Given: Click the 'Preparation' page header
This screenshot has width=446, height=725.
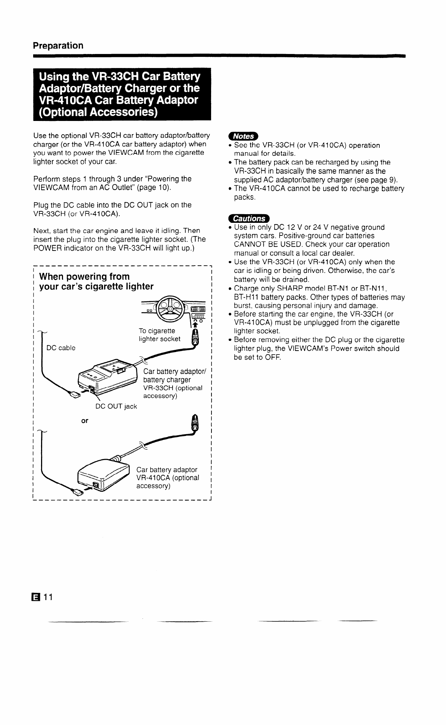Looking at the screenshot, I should click(x=58, y=46).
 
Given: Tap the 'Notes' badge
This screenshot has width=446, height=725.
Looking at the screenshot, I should click(x=243, y=136).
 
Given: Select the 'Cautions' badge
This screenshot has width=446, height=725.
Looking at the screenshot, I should click(x=249, y=219).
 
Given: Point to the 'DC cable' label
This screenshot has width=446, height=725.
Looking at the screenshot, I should click(x=61, y=348).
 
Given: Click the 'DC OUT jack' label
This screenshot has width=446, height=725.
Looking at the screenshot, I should click(x=116, y=406).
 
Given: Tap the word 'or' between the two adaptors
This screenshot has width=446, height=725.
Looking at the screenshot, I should click(x=85, y=420).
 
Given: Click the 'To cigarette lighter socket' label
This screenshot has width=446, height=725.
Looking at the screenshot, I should click(x=160, y=335).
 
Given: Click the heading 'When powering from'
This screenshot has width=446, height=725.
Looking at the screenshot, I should click(x=84, y=276).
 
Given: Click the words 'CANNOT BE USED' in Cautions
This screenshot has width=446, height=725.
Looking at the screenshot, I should click(x=259, y=244).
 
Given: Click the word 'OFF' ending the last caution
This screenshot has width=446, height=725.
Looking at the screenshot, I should click(x=273, y=357).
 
